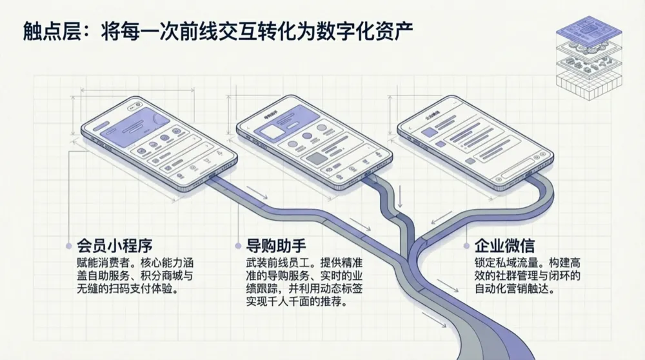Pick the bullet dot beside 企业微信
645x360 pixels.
[466, 246]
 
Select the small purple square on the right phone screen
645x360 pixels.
[430, 132]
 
